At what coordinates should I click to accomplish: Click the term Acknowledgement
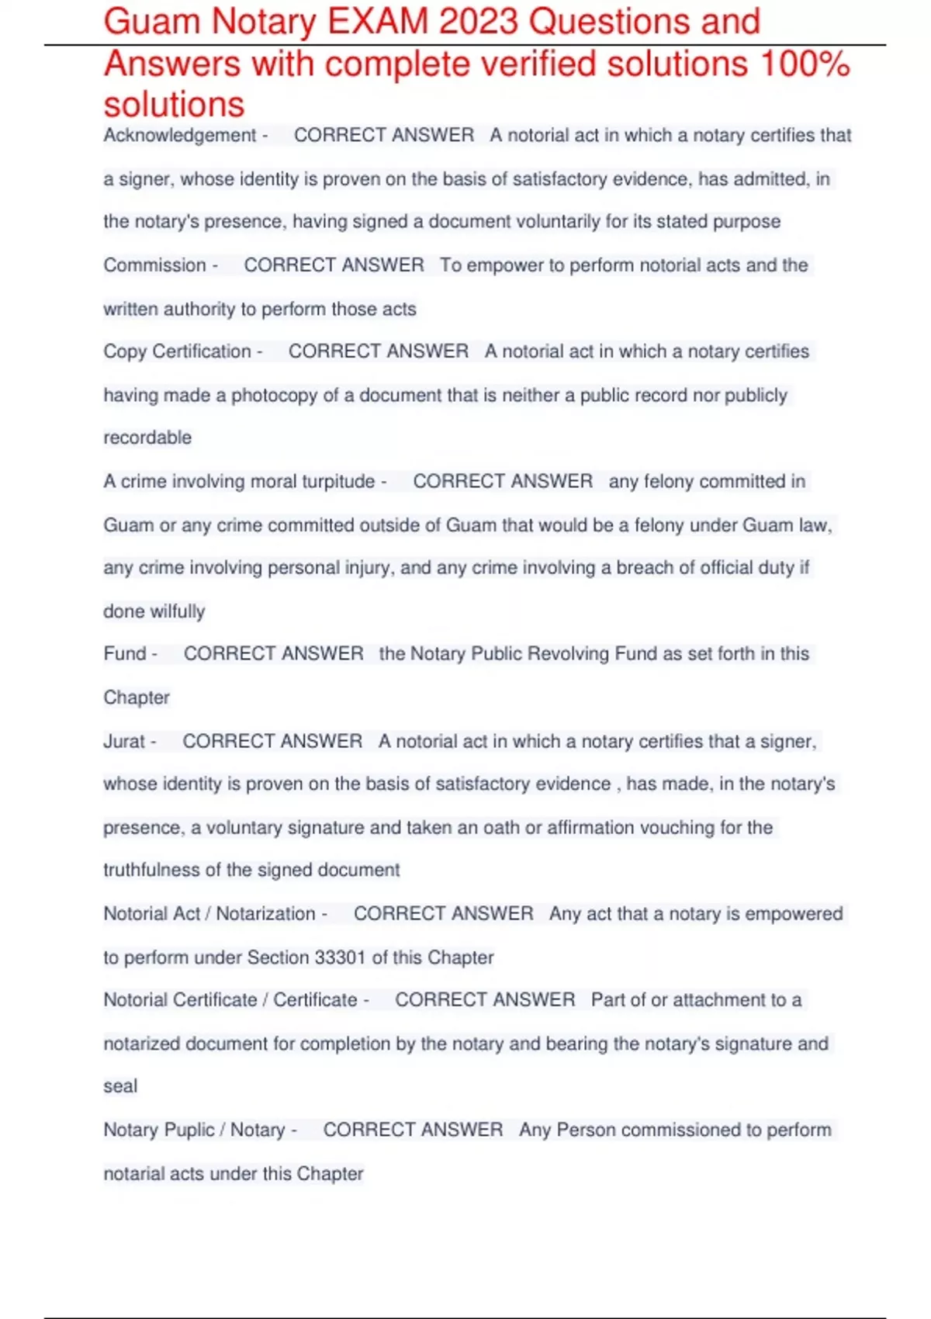point(180,135)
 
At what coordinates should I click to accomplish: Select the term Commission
point(155,265)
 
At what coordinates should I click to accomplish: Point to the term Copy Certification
point(178,351)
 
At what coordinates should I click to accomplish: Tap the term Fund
point(125,654)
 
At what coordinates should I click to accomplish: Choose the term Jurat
point(124,742)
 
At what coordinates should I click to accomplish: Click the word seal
point(120,1086)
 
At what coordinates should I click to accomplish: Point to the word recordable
point(147,438)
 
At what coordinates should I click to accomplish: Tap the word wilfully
point(178,611)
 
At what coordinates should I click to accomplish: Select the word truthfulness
point(151,871)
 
